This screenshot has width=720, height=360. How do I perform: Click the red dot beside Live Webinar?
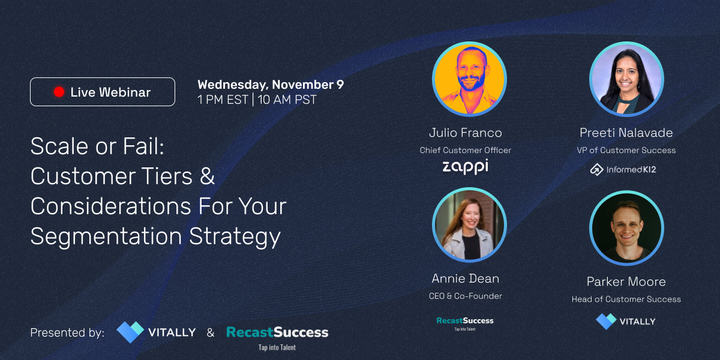59,92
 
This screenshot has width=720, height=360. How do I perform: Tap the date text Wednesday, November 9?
271,85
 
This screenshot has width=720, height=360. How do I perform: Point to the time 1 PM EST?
223,100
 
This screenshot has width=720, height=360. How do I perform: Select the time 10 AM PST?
287,100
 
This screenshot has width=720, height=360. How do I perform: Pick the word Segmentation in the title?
106,237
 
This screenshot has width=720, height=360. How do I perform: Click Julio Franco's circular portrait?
469,79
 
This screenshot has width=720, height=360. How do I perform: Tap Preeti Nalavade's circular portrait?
626,79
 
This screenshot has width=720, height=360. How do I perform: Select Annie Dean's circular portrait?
469,225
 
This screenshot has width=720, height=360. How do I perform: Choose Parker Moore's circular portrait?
626,228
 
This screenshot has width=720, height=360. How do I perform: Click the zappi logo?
465,167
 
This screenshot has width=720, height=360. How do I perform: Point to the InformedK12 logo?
623,169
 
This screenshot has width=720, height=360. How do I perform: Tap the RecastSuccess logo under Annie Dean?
465,323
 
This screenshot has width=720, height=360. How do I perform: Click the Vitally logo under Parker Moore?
625,322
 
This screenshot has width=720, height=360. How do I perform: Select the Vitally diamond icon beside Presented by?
130,332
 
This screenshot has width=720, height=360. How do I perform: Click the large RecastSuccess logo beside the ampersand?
277,337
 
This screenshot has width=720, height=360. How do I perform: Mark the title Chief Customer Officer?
465,150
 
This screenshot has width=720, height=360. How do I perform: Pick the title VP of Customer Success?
626,150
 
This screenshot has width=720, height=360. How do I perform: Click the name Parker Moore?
626,281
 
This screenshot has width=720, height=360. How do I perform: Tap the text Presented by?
67,332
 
